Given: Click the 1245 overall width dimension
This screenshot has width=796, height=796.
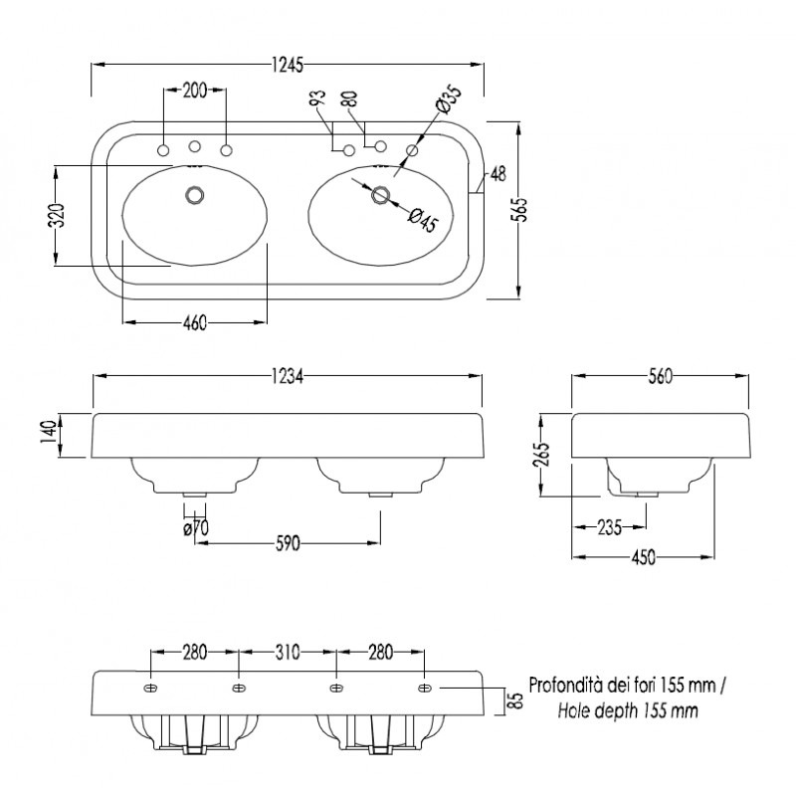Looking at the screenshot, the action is pyautogui.click(x=288, y=65).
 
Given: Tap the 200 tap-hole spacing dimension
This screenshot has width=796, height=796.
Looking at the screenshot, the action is pyautogui.click(x=195, y=91).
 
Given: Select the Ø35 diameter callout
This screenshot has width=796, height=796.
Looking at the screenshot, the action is pyautogui.click(x=449, y=99).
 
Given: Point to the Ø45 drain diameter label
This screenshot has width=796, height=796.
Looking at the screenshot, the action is pyautogui.click(x=423, y=219).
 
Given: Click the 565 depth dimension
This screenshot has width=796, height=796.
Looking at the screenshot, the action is pyautogui.click(x=520, y=209).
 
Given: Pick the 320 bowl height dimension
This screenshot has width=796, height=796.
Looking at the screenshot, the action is pyautogui.click(x=59, y=215).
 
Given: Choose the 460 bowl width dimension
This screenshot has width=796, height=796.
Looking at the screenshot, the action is pyautogui.click(x=195, y=322).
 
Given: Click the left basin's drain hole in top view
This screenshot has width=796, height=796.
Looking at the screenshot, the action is pyautogui.click(x=194, y=195).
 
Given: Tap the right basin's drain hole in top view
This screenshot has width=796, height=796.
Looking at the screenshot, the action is pyautogui.click(x=380, y=195).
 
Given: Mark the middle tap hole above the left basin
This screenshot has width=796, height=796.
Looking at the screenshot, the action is pyautogui.click(x=194, y=146).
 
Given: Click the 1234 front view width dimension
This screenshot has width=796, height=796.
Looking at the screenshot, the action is pyautogui.click(x=288, y=376).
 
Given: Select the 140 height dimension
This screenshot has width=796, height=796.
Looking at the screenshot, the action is pyautogui.click(x=48, y=432).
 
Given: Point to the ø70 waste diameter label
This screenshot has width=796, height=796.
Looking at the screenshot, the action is pyautogui.click(x=196, y=528).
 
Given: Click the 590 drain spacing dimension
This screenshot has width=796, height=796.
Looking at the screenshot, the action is pyautogui.click(x=288, y=543).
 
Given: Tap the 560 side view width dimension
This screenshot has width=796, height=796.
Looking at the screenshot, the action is pyautogui.click(x=661, y=376).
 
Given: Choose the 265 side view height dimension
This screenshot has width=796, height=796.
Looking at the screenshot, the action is pyautogui.click(x=542, y=456).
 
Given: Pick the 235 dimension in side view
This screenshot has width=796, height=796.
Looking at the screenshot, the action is pyautogui.click(x=610, y=527).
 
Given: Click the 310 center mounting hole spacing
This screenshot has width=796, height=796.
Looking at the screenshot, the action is pyautogui.click(x=288, y=652).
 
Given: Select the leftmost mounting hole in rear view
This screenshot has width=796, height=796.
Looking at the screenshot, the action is pyautogui.click(x=151, y=688).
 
